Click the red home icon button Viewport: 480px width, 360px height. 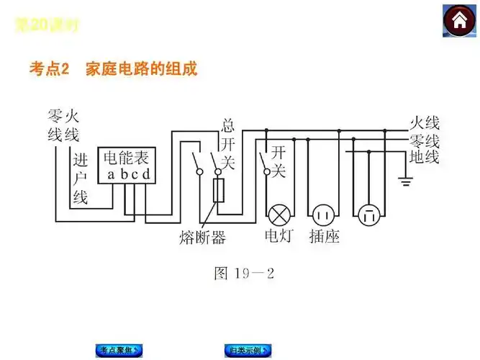click(x=458, y=22)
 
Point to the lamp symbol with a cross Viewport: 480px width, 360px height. click(x=279, y=214)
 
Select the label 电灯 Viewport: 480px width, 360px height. click(x=279, y=236)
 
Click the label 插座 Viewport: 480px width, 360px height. click(x=324, y=236)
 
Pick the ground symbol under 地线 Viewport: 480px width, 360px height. click(x=405, y=182)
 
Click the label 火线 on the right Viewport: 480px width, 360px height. click(x=424, y=122)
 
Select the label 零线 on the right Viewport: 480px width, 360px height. click(x=424, y=140)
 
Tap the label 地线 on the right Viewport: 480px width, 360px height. click(x=424, y=156)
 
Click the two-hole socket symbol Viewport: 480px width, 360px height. click(x=322, y=214)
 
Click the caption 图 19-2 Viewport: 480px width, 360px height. click(x=245, y=274)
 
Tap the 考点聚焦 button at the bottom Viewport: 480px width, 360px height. click(x=118, y=351)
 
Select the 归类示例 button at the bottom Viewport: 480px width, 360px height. click(x=248, y=351)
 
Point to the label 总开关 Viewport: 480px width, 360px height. click(x=227, y=143)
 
